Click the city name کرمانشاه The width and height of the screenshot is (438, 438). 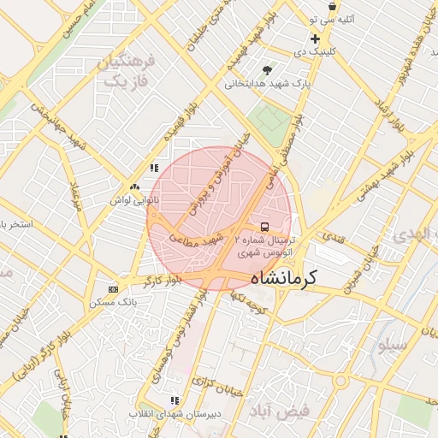[284, 278]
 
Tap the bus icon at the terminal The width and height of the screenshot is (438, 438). [264, 228]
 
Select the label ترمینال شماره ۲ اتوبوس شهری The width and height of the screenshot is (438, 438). [263, 247]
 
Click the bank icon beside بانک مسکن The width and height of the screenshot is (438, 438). [114, 289]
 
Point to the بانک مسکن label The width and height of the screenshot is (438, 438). [114, 303]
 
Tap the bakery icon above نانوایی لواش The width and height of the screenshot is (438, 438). [134, 186]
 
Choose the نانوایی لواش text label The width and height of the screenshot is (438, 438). [133, 199]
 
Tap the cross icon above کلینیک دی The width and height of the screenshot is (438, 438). [315, 38]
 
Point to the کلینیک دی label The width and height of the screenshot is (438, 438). [316, 52]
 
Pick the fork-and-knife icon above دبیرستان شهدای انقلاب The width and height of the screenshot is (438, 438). [175, 400]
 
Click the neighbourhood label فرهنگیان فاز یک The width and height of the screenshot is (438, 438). [126, 72]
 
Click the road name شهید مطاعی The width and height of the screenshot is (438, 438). [202, 237]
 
